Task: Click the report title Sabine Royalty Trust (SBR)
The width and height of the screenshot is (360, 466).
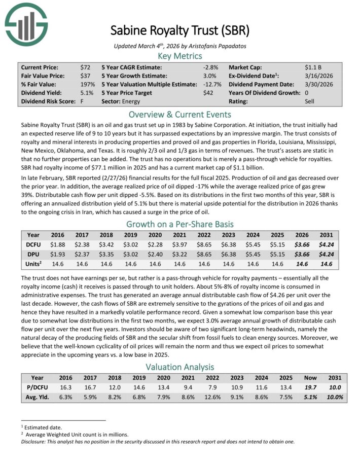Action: (x=180, y=30)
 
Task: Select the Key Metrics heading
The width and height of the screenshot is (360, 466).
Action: (x=180, y=56)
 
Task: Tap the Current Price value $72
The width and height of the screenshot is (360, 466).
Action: (x=85, y=67)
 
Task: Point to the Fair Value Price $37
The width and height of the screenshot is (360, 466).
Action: (x=85, y=76)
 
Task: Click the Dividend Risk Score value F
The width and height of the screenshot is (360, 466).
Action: (x=82, y=101)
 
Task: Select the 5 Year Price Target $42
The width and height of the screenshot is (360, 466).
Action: (x=208, y=93)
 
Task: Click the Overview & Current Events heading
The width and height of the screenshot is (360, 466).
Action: (x=180, y=114)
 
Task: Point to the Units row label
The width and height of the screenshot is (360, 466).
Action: (x=33, y=264)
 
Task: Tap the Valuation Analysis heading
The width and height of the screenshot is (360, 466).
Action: (x=180, y=367)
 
